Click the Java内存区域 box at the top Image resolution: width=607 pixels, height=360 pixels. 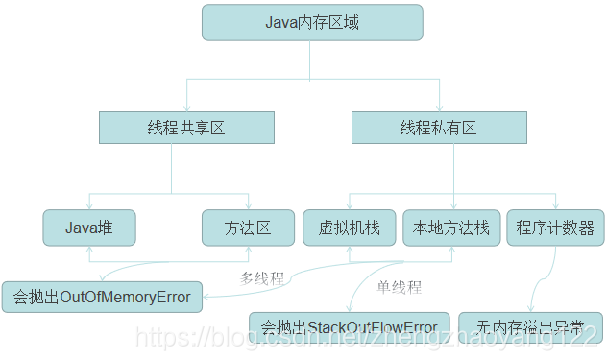coord(312,22)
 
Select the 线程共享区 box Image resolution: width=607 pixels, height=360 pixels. coord(186,128)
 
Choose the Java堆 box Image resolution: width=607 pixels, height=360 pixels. coord(88,228)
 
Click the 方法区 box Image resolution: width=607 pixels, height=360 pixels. coord(248,228)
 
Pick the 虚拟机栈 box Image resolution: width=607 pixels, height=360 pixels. coord(349,228)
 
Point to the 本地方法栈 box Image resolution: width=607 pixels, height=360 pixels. coord(450,228)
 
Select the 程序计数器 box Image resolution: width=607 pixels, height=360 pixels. coord(554,228)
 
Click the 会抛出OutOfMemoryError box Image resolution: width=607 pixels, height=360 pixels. coord(102,297)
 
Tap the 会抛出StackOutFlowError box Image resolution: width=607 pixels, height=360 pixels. coord(350,326)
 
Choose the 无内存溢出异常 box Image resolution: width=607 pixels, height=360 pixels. coord(530,326)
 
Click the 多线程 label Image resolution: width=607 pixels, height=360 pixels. coord(261,278)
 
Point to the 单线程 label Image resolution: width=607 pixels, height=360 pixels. coord(398,286)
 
